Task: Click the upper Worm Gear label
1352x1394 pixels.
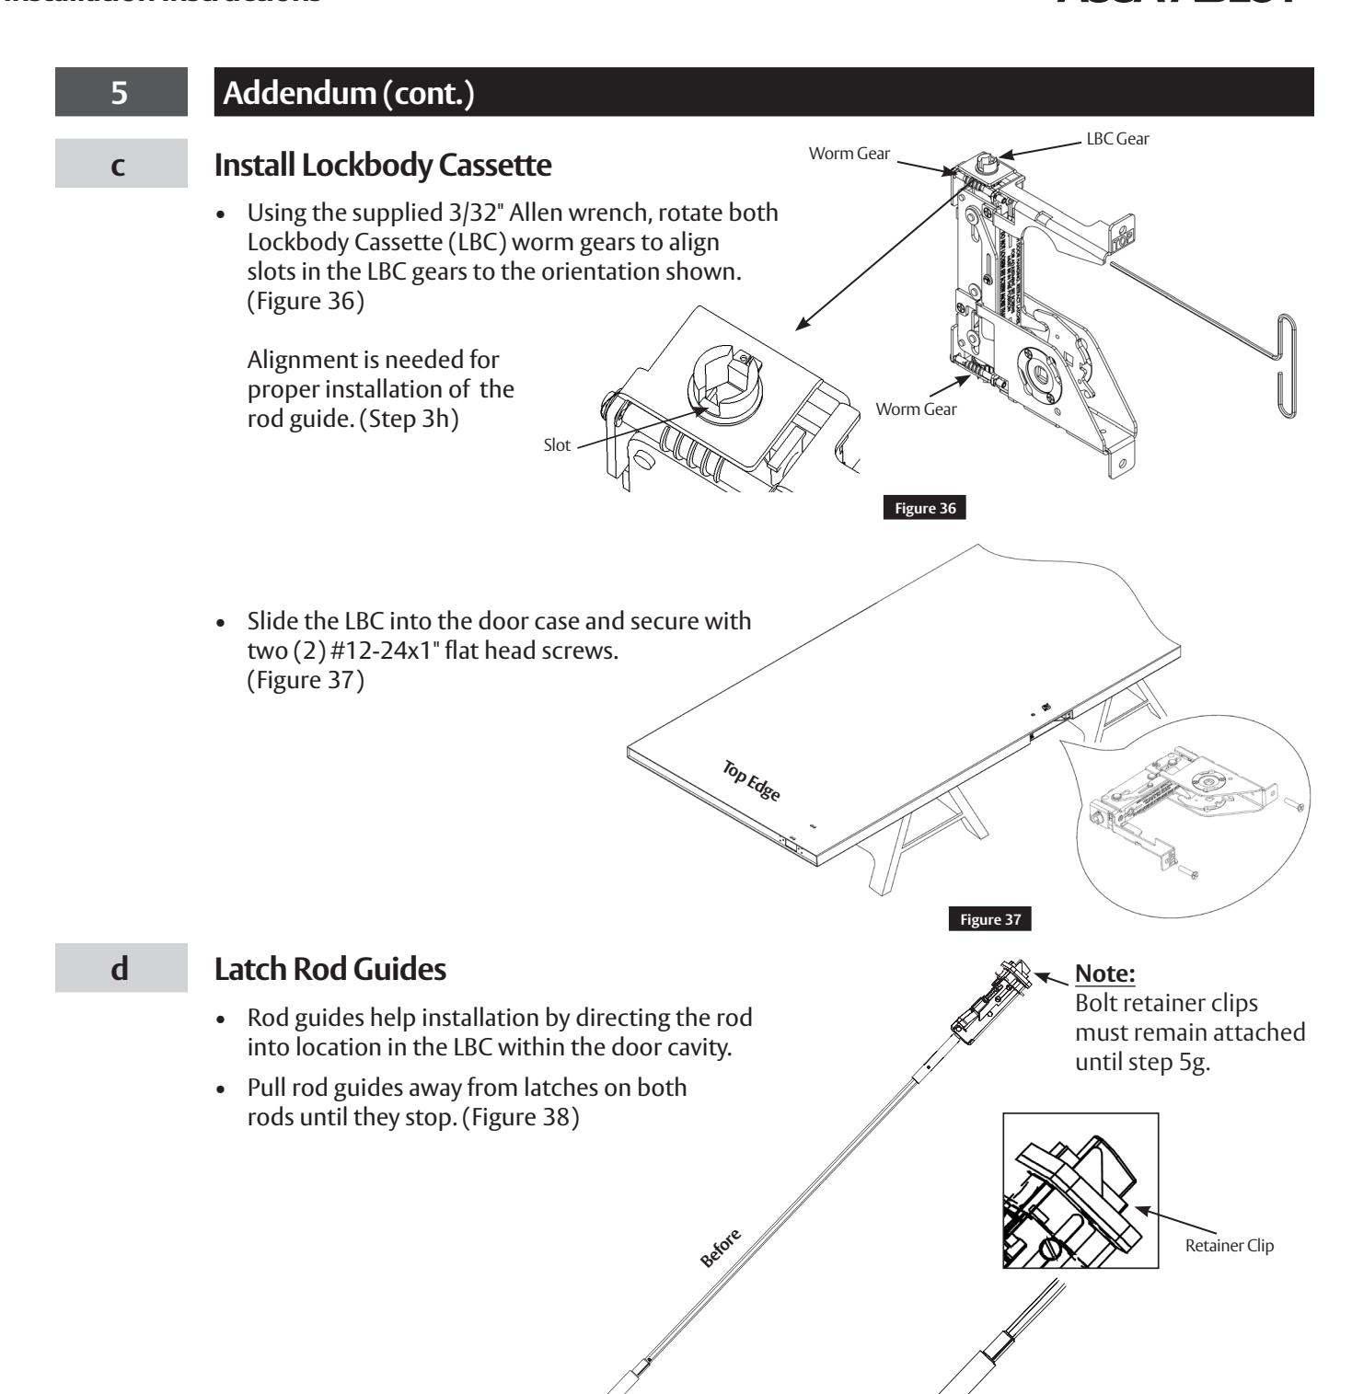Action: (x=849, y=154)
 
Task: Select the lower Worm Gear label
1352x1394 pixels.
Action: (x=916, y=409)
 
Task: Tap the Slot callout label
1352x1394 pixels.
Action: (x=556, y=445)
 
